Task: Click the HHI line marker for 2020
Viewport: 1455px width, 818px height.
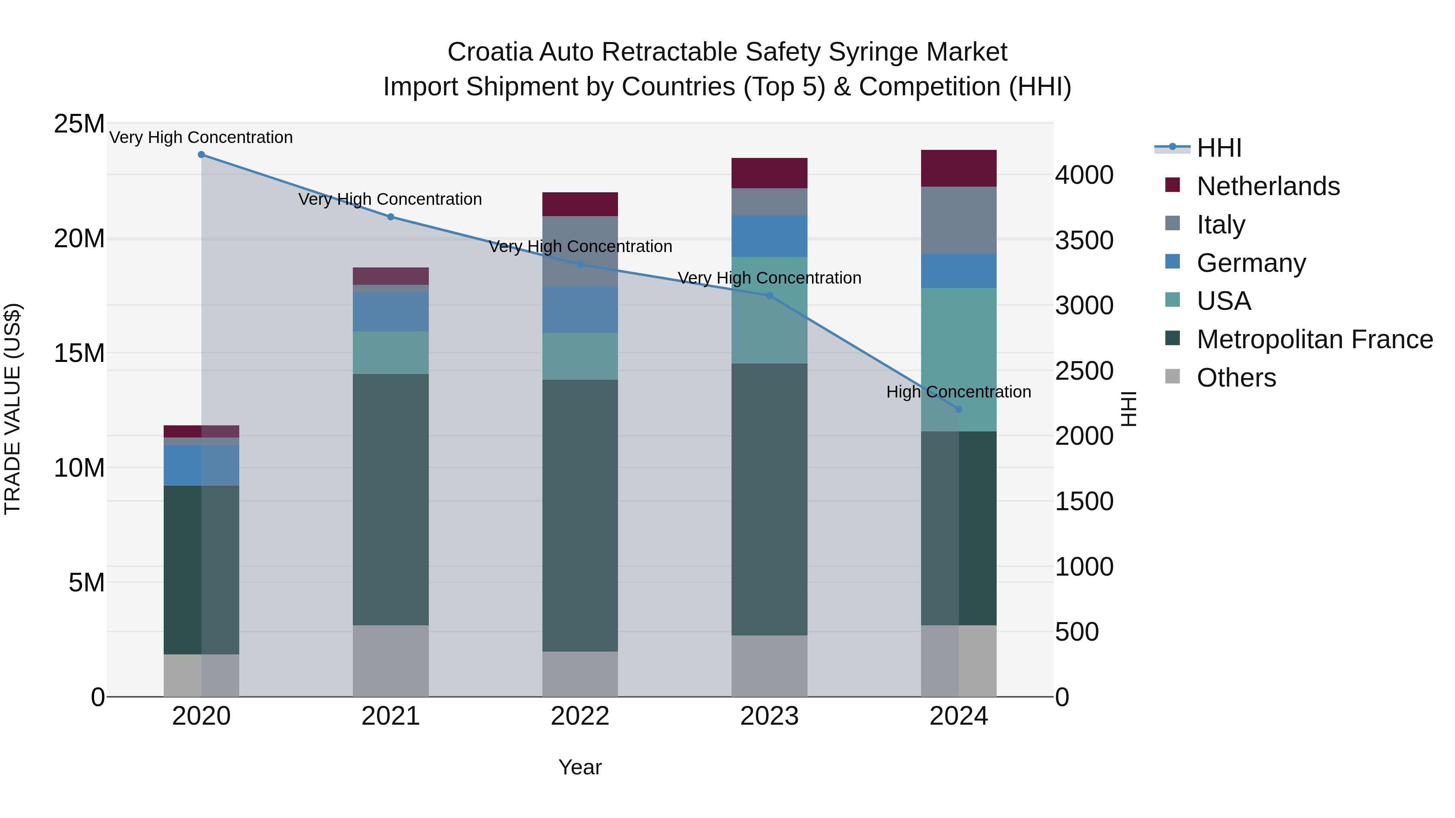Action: coord(201,155)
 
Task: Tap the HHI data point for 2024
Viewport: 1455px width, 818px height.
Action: coord(959,409)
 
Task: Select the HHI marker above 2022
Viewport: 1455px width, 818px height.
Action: coord(580,264)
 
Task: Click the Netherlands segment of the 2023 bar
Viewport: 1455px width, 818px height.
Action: coord(769,173)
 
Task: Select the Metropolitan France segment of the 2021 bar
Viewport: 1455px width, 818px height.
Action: coord(390,500)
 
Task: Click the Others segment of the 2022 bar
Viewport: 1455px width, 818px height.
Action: coord(580,674)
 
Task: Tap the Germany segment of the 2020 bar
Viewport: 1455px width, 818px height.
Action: coord(201,465)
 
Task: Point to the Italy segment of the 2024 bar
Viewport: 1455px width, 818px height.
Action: coord(959,220)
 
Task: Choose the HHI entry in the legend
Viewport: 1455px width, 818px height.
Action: coord(1218,148)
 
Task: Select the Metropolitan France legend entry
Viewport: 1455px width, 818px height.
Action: coord(1314,339)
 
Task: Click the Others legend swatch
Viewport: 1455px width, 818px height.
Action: coord(1172,377)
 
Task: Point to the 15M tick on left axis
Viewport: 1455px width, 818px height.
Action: coord(79,353)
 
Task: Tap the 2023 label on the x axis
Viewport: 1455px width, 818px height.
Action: coord(769,716)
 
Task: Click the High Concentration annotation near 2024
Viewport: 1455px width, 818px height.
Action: coord(959,392)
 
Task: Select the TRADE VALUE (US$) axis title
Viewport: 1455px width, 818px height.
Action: coord(13,409)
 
